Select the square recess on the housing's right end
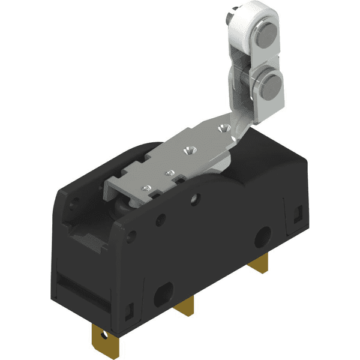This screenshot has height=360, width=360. pyautogui.click(x=299, y=212)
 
